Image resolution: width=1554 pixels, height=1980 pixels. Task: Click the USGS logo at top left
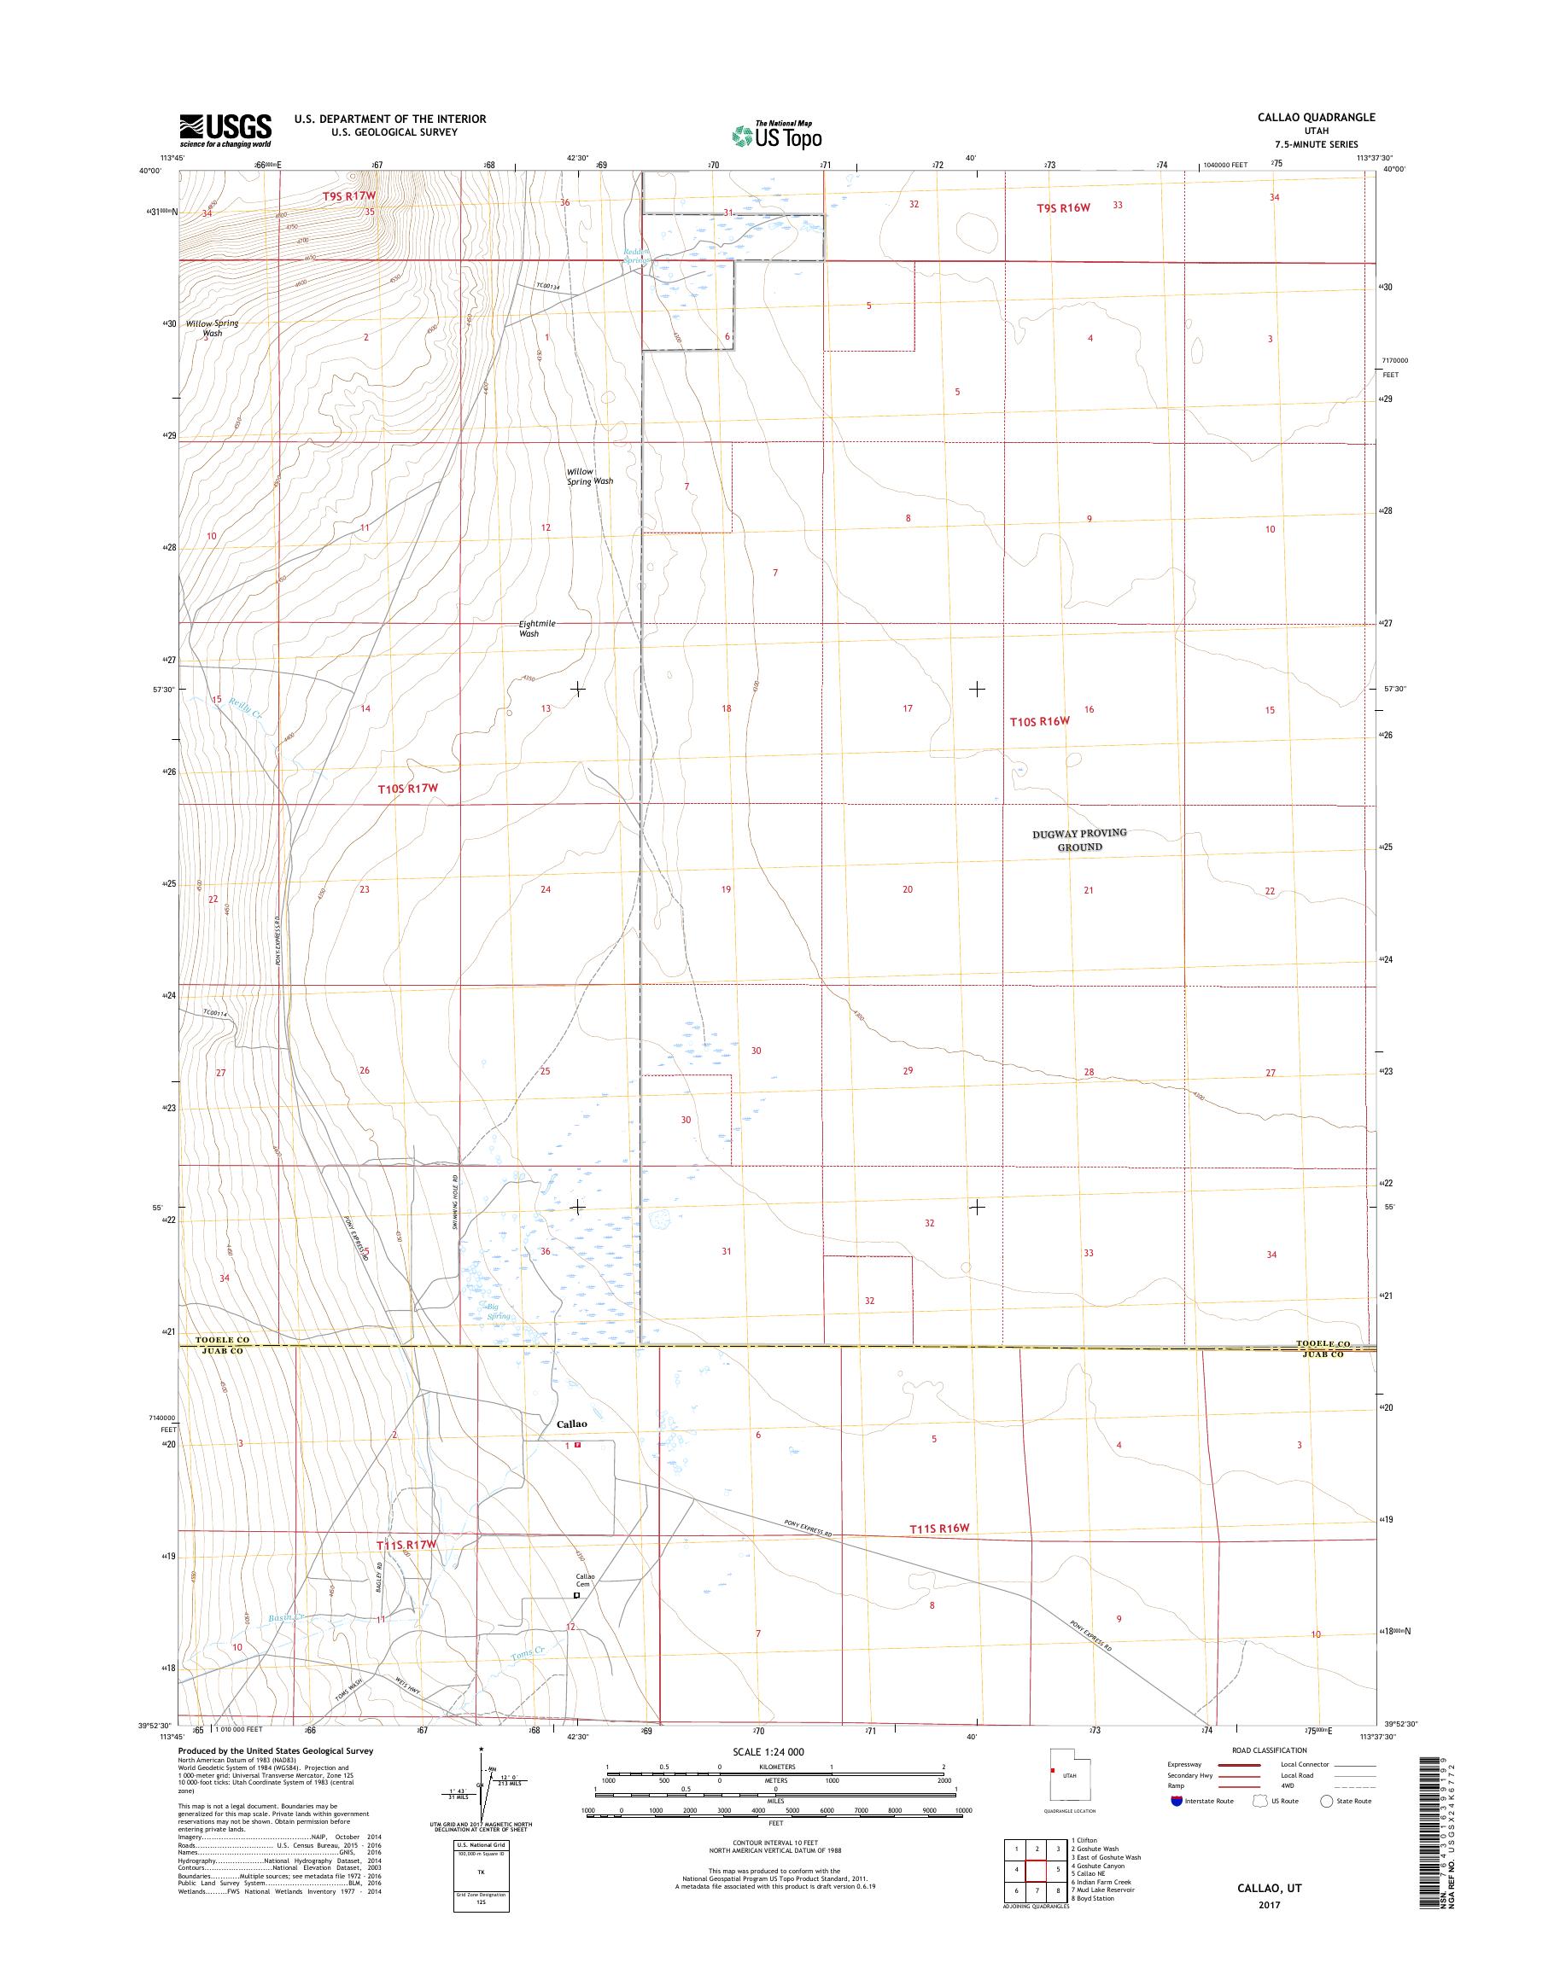(x=225, y=130)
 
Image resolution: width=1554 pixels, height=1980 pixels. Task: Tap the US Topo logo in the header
(x=777, y=135)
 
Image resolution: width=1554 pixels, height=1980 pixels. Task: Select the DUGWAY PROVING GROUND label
(x=1080, y=840)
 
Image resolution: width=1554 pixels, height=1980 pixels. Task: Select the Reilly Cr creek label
(x=246, y=708)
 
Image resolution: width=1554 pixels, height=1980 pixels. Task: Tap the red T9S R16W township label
(x=1063, y=208)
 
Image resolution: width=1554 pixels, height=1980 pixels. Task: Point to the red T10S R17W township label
(x=416, y=790)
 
